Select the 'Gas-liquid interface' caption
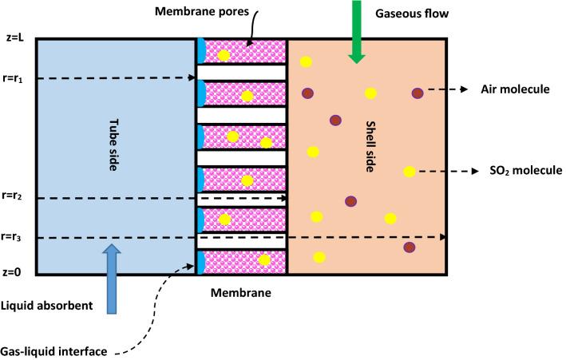53,352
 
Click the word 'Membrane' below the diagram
241,293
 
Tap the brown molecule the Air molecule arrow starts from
417,93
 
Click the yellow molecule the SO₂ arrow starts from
409,172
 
